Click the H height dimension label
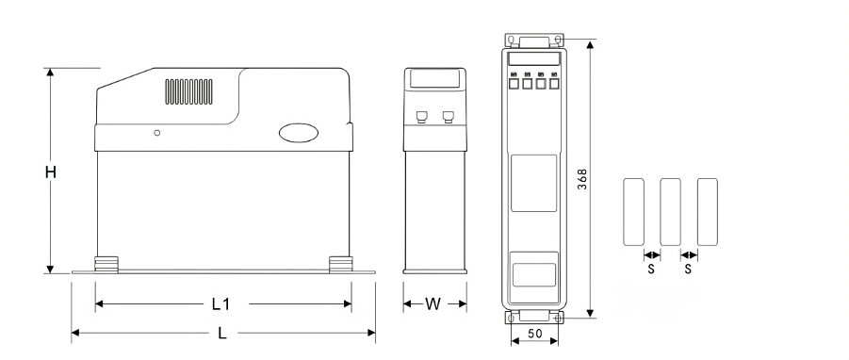pyautogui.click(x=50, y=172)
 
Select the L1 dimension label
pyautogui.click(x=220, y=304)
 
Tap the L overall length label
pyautogui.click(x=222, y=333)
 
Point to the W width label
pyautogui.click(x=433, y=304)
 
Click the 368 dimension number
pyautogui.click(x=582, y=179)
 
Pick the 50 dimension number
pyautogui.click(x=534, y=334)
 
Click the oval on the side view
pyautogui.click(x=299, y=133)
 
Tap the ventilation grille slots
pyautogui.click(x=189, y=91)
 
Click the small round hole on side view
pyautogui.click(x=157, y=133)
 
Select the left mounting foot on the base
pyautogui.click(x=106, y=264)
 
